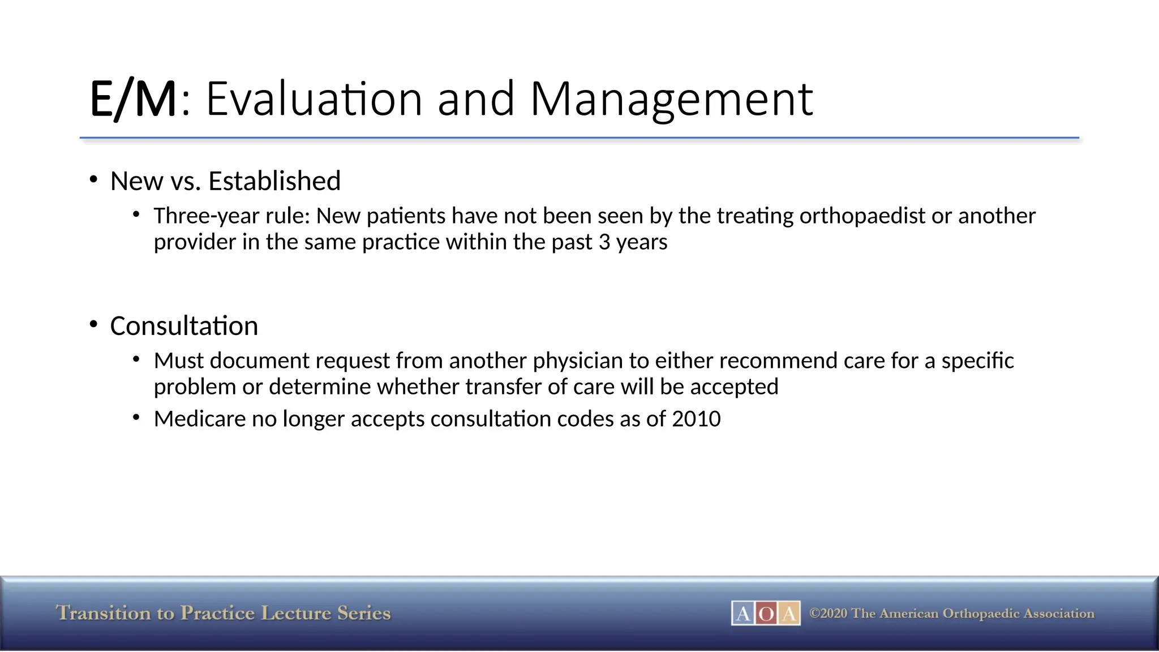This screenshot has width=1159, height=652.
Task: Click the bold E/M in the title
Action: [134, 100]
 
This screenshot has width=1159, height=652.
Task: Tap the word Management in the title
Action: [672, 100]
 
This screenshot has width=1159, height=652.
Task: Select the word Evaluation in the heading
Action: [314, 100]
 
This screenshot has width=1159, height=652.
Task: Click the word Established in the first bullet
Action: [274, 181]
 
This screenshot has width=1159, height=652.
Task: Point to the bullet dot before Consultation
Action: [94, 324]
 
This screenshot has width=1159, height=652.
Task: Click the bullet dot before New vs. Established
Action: [94, 179]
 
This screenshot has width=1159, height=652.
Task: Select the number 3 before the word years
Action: [604, 242]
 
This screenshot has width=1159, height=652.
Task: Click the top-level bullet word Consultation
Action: [184, 326]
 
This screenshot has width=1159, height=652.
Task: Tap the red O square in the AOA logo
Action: [766, 614]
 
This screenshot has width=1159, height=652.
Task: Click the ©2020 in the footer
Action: [828, 614]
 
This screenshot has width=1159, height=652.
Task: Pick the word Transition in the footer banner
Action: [104, 613]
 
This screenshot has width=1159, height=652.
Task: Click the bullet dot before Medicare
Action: [136, 418]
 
